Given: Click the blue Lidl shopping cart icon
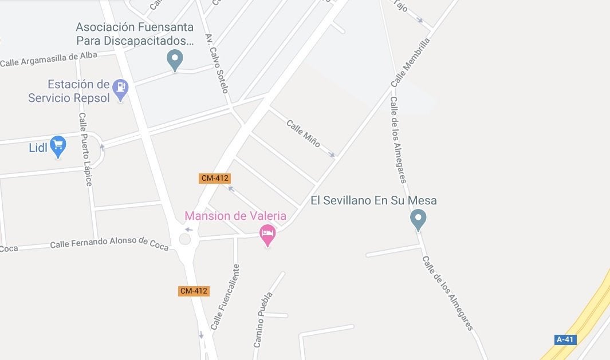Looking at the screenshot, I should [58, 146].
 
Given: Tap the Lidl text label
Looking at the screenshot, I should [38, 148].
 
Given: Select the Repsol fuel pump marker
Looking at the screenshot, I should [120, 89].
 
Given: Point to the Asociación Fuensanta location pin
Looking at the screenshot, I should [175, 59].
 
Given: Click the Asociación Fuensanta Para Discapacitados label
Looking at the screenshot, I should [135, 34].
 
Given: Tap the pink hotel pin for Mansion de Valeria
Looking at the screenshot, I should [267, 234].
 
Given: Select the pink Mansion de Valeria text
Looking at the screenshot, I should [235, 216].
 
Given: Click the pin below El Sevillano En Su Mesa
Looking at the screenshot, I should [418, 219].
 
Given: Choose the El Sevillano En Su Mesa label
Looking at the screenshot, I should [373, 200].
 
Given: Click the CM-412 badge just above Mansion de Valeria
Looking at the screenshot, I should [215, 178].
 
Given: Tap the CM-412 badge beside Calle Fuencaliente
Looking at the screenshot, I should [194, 291].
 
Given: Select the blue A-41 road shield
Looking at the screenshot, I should [565, 339].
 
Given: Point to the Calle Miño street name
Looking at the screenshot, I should [303, 133].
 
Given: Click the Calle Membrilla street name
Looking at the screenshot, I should [410, 62].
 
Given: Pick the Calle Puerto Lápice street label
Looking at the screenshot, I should [85, 149].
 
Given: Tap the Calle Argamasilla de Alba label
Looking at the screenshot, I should [49, 59].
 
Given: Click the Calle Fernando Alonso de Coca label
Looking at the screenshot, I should [109, 243].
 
